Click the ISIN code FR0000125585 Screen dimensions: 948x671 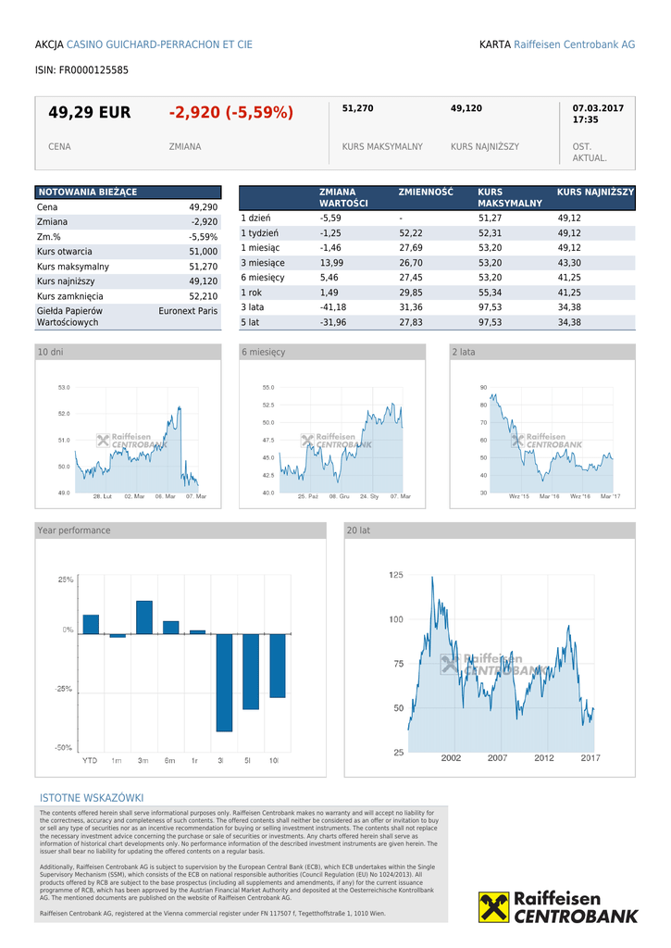(x=81, y=69)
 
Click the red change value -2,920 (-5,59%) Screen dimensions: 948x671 (x=230, y=113)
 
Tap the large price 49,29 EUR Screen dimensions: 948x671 (x=90, y=113)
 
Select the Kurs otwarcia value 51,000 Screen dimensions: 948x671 (x=203, y=252)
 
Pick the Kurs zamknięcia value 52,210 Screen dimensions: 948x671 (x=203, y=296)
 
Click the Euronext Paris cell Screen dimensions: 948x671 (x=188, y=311)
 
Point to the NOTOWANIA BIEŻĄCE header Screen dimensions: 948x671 (x=87, y=192)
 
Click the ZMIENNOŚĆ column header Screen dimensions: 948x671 (x=426, y=193)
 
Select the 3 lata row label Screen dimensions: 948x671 (x=252, y=307)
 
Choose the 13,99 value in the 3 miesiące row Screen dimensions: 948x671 (x=330, y=263)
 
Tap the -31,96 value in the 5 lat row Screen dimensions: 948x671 (x=332, y=322)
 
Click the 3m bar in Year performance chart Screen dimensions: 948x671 (x=143, y=617)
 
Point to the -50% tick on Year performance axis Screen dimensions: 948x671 (x=65, y=747)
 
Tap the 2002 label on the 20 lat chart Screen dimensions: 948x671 (x=451, y=758)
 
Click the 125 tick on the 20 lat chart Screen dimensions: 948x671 (x=395, y=575)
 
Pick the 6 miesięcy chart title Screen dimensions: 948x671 (x=264, y=353)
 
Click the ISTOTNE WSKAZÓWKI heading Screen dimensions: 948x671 (x=92, y=798)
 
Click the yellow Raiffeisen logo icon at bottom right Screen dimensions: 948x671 (x=493, y=907)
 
